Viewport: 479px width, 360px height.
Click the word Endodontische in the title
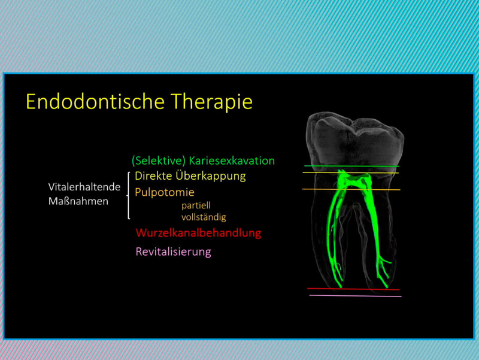95,101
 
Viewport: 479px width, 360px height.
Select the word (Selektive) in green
159,161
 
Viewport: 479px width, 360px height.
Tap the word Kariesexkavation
232,161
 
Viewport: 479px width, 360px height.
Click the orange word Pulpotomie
165,192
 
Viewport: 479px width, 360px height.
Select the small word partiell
196,205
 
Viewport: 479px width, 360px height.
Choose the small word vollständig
204,217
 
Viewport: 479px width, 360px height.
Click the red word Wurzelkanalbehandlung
199,233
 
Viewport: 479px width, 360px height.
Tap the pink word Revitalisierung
173,252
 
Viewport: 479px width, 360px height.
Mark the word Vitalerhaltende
84,187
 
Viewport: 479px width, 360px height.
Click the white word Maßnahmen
78,201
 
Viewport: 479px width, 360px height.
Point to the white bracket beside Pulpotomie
128,196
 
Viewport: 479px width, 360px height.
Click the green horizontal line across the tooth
351,167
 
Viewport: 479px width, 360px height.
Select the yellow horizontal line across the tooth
351,173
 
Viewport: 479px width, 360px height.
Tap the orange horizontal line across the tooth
351,190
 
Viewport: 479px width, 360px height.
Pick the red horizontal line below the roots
353,289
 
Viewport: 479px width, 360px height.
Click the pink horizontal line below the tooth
355,296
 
